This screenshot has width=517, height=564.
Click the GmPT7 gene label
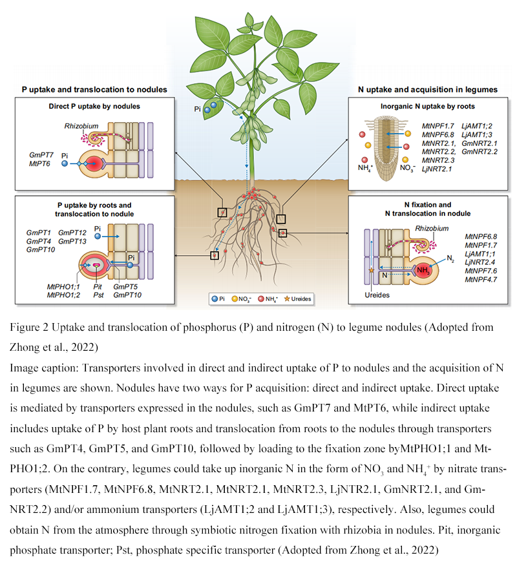(42, 156)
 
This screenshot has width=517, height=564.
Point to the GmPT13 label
(72, 241)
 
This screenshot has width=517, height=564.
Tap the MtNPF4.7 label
(480, 280)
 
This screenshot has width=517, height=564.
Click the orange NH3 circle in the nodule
(423, 270)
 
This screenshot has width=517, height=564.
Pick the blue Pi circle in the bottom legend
(214, 299)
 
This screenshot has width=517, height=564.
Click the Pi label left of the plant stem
(198, 109)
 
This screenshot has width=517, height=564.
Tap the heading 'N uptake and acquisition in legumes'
(427, 89)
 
